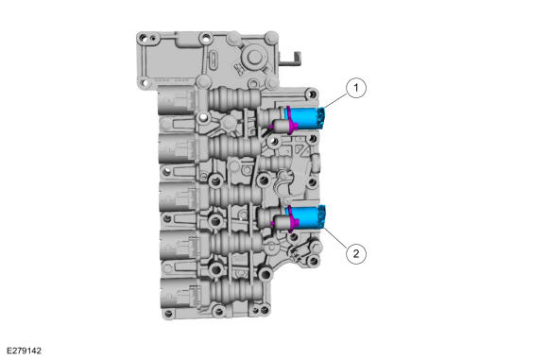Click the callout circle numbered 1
click(356, 88)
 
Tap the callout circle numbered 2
click(356, 253)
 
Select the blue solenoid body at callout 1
click(305, 118)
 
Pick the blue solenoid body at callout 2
click(306, 217)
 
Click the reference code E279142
click(24, 351)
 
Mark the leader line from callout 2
click(335, 237)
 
